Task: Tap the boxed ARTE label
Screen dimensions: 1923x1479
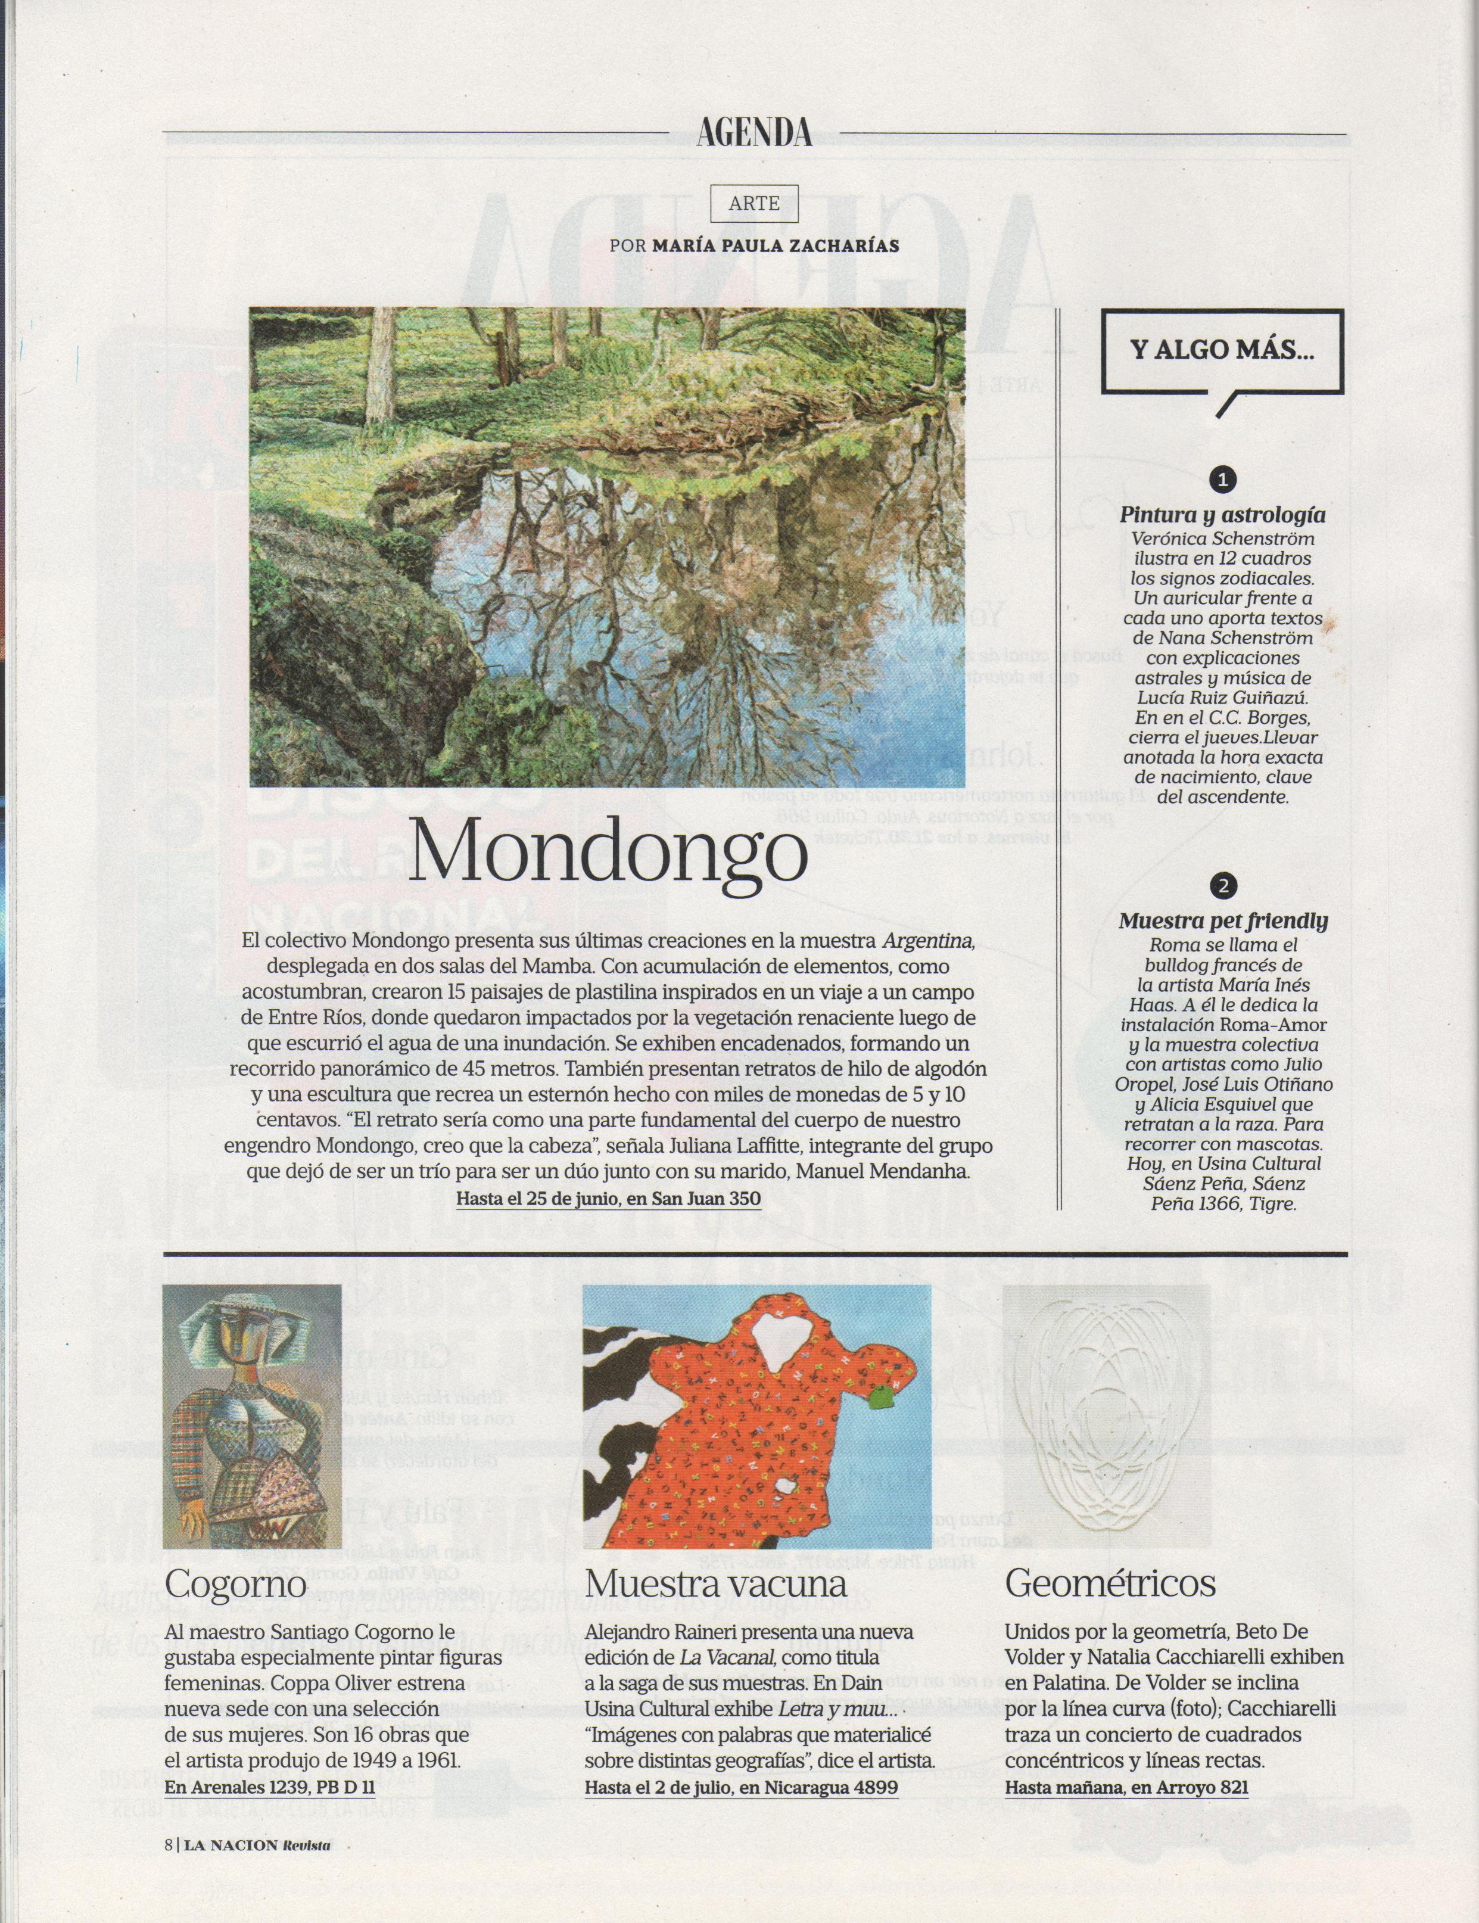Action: tap(755, 203)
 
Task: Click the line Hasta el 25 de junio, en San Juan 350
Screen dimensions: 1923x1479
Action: tap(608, 1199)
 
